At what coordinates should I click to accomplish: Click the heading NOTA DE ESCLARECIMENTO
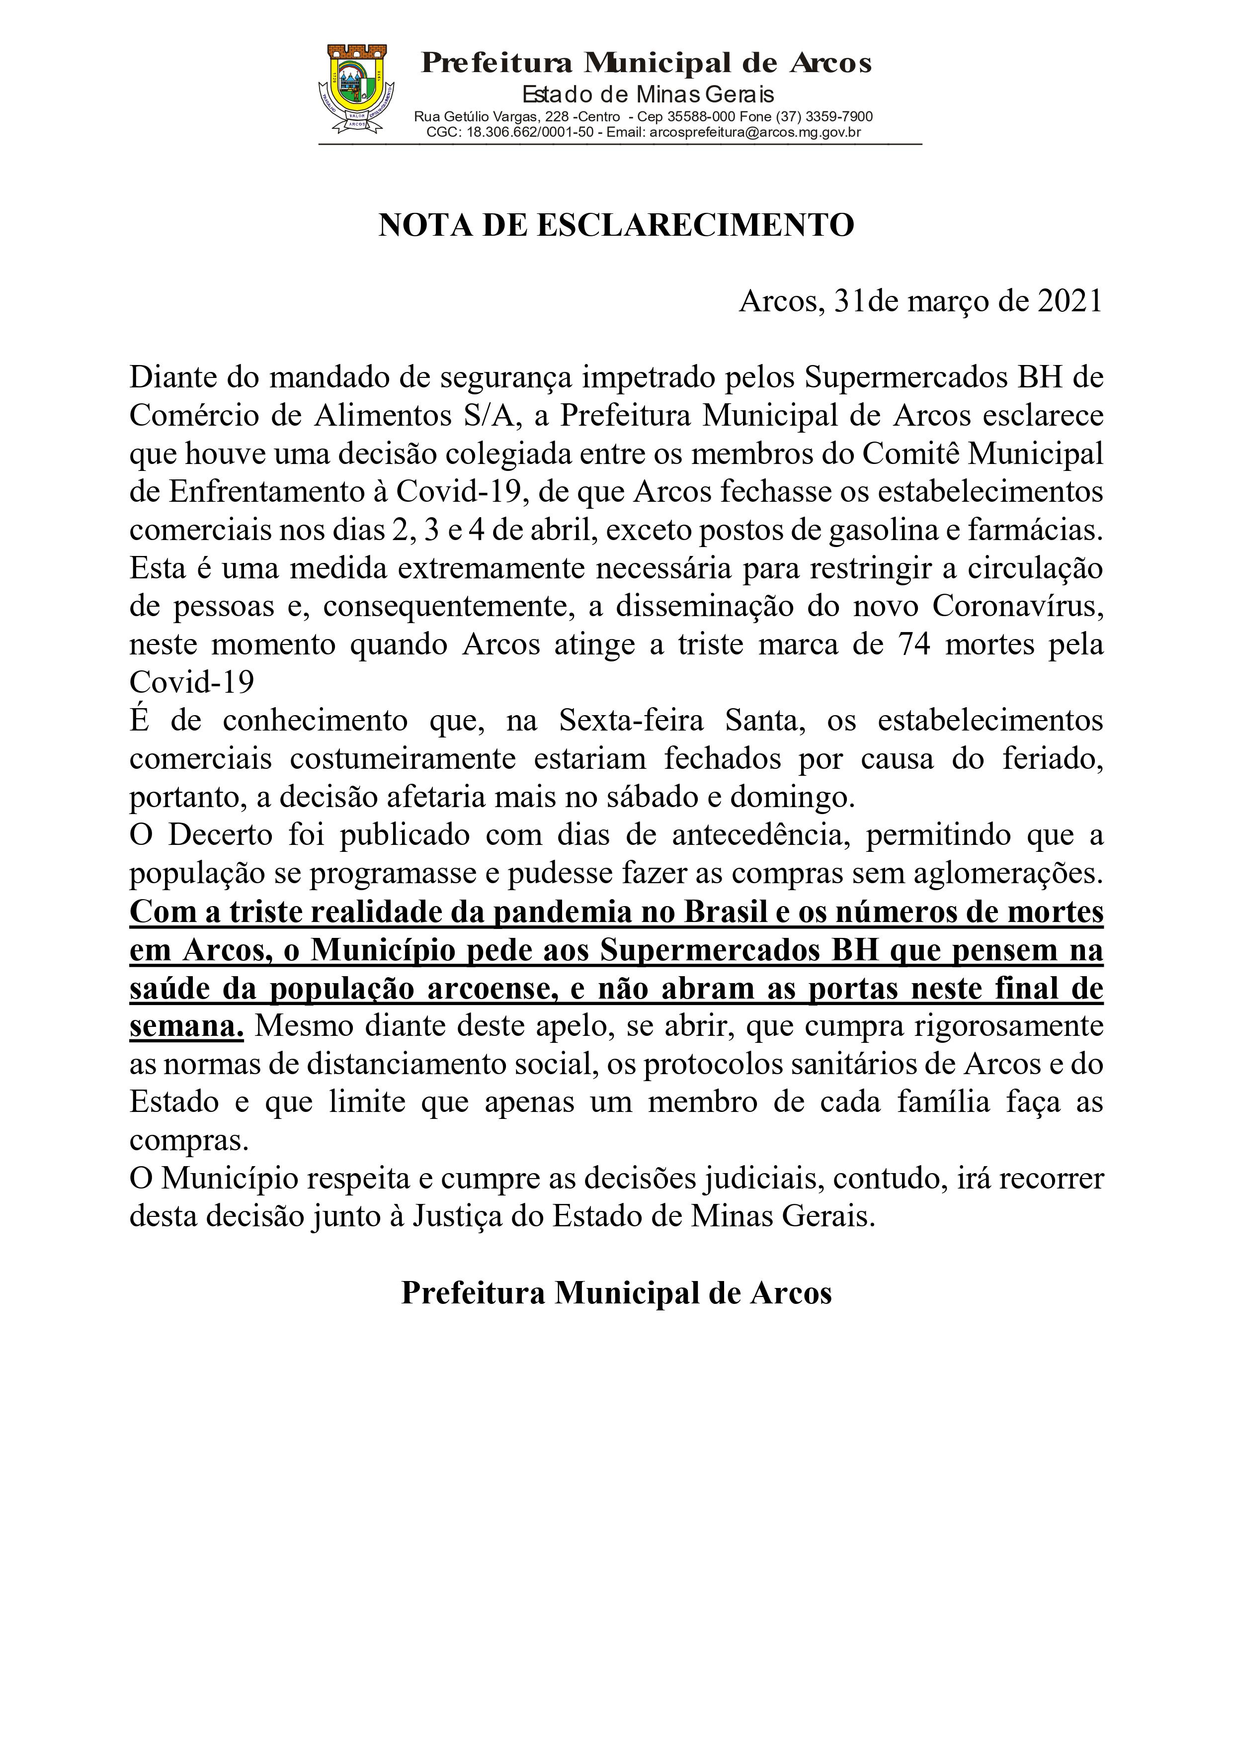coord(616,226)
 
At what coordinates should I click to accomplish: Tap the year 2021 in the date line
coord(1069,302)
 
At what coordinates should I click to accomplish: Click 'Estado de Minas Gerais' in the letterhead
coord(647,94)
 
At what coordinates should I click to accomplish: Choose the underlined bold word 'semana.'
coord(187,1026)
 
